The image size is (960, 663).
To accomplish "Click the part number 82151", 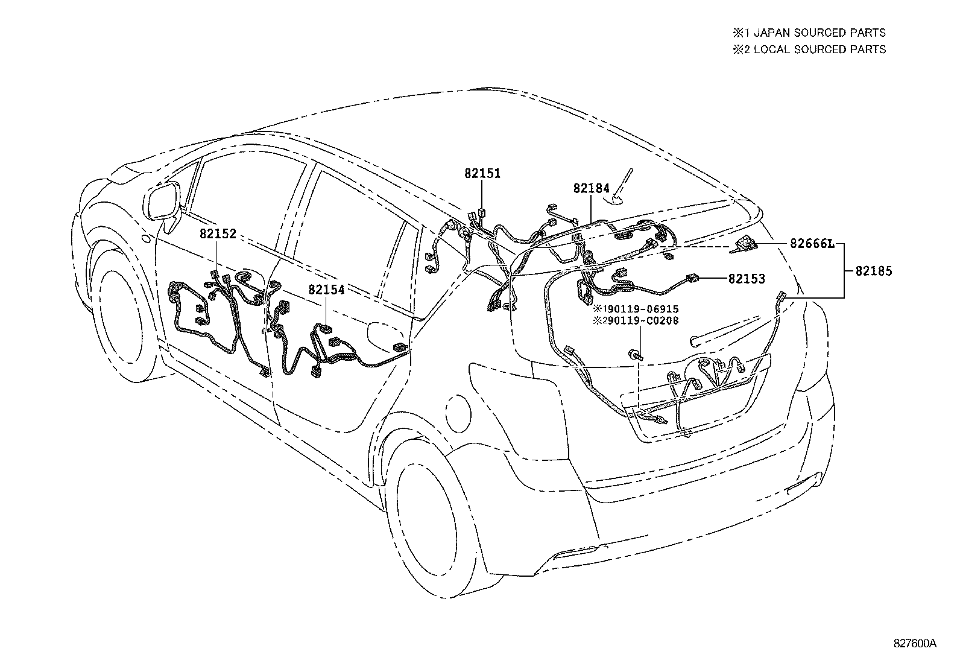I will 482,174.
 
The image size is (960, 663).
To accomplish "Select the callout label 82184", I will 591,188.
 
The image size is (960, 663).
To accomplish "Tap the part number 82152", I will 218,235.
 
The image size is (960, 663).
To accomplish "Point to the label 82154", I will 326,290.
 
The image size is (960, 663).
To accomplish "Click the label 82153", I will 747,279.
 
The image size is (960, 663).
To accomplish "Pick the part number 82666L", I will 812,244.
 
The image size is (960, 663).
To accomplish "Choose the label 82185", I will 873,271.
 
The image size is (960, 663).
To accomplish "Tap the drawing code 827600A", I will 915,643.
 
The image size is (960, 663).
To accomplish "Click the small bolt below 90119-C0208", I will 634,356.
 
